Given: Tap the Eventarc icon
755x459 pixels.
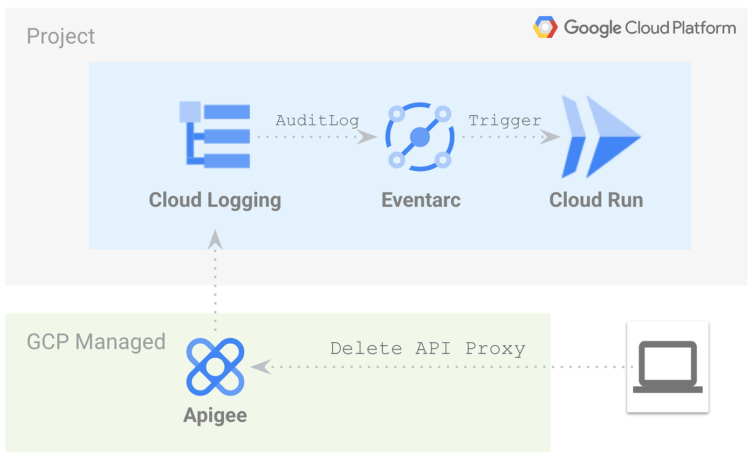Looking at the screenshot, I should [x=420, y=137].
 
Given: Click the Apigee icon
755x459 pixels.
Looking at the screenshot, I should [x=215, y=367].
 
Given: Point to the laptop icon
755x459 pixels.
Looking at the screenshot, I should [x=668, y=367].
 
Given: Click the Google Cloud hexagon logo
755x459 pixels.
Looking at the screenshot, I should [x=545, y=27].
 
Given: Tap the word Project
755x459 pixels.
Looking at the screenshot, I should [x=61, y=37].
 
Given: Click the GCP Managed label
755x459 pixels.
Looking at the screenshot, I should [x=96, y=342].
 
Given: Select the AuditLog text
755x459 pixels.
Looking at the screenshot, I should [x=317, y=120].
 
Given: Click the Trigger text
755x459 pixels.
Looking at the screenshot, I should [x=505, y=120].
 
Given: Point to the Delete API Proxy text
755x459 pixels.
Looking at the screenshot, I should [x=428, y=349].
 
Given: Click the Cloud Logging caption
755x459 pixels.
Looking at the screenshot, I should [x=215, y=200].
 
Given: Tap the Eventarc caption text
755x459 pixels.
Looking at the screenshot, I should [x=421, y=200].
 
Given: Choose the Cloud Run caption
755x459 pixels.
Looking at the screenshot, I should [x=596, y=200].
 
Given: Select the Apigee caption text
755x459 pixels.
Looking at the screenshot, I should [x=215, y=415].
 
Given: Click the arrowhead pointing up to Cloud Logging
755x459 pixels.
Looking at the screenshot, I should [x=215, y=239].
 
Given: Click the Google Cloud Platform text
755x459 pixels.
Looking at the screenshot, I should [x=649, y=27].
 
